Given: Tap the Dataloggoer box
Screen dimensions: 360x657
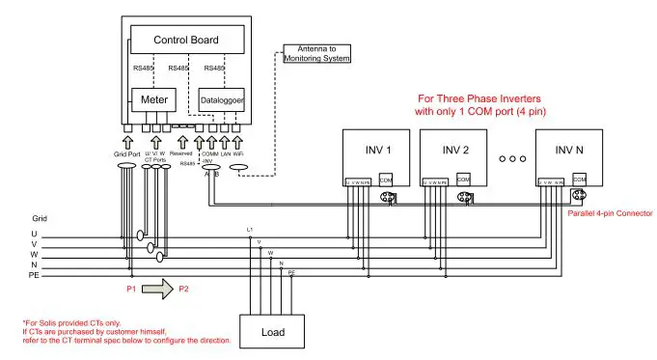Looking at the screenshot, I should [x=222, y=99].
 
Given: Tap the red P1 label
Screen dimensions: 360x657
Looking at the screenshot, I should [x=130, y=289].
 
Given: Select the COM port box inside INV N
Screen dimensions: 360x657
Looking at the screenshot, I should [x=579, y=180].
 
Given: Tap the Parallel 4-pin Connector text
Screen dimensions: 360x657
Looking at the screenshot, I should [x=611, y=212].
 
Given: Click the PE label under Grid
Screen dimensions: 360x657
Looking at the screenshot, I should [x=34, y=276].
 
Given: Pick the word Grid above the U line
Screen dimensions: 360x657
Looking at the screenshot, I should [x=40, y=219].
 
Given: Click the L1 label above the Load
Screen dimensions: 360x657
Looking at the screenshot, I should [x=250, y=229].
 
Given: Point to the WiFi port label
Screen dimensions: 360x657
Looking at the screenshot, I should [x=239, y=153].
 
